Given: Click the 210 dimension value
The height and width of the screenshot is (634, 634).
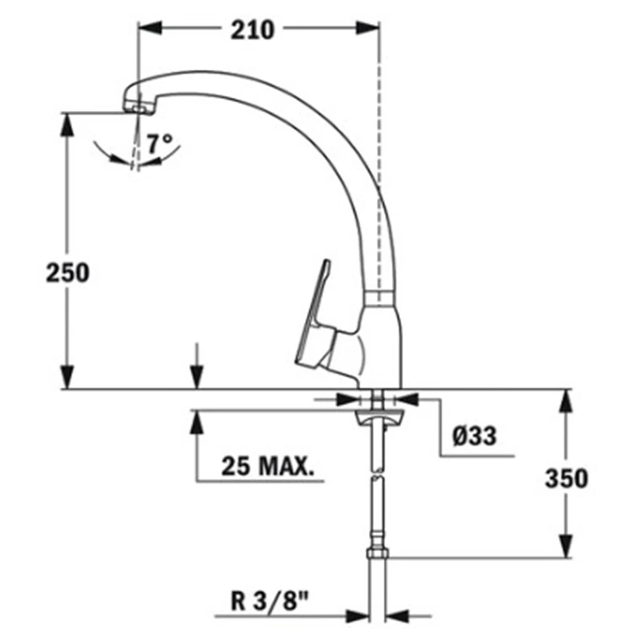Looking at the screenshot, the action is [252, 30].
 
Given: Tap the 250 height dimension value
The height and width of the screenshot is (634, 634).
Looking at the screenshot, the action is [68, 273].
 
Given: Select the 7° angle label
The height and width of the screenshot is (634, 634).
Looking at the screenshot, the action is [159, 143].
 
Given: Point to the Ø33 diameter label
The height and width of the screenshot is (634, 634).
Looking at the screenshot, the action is [474, 436].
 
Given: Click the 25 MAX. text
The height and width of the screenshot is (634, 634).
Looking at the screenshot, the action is [268, 466].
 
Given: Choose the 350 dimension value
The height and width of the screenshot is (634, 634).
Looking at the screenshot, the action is [566, 479].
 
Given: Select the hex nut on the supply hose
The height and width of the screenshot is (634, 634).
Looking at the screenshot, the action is [377, 553].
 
